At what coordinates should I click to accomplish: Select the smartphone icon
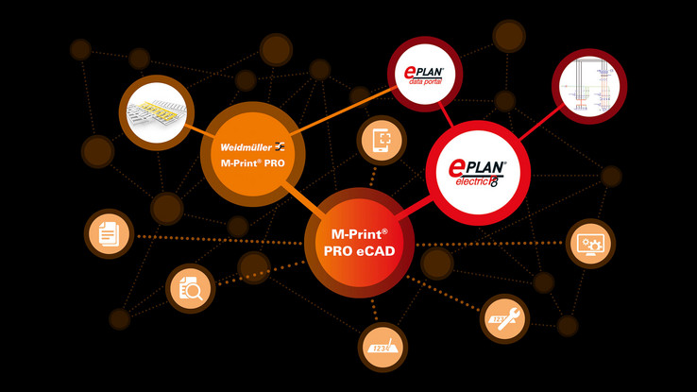point(382,141)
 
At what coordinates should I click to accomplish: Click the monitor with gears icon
point(590,244)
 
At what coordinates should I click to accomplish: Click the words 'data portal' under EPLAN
point(427,82)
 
